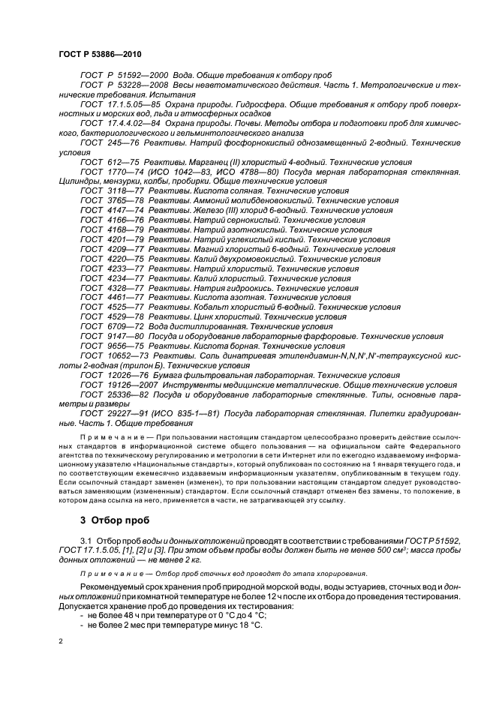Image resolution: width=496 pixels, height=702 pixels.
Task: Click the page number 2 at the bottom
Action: pos(61,642)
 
